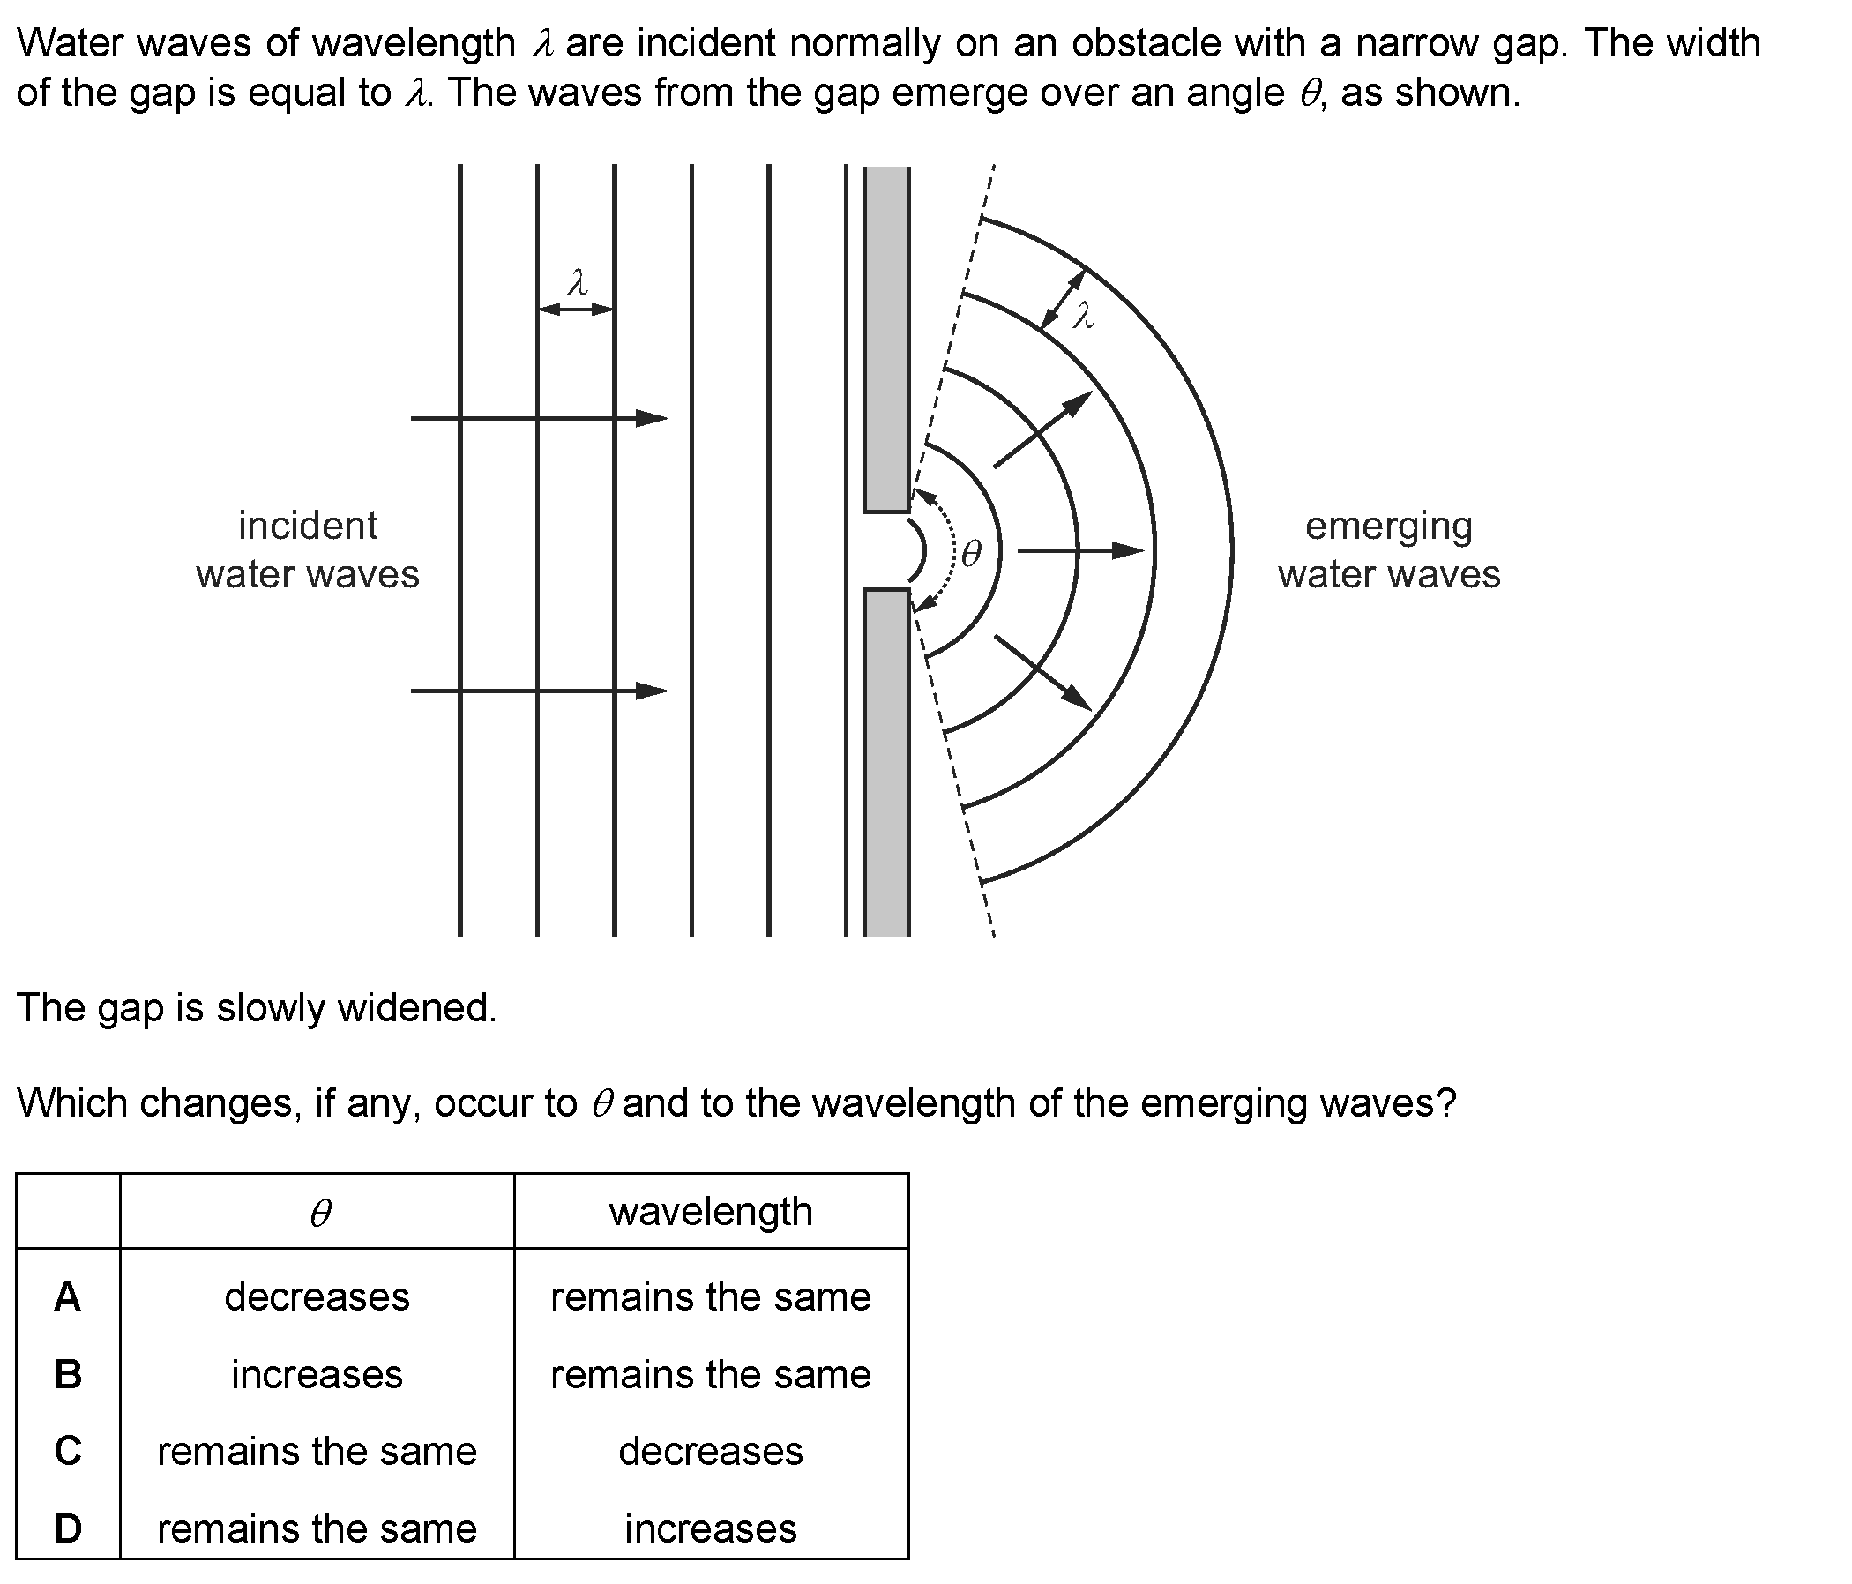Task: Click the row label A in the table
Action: pos(68,1296)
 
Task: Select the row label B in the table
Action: pos(68,1374)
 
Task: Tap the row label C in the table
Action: pos(68,1451)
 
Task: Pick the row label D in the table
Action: pos(68,1528)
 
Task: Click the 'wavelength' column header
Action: pos(711,1212)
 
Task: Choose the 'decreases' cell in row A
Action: pos(317,1296)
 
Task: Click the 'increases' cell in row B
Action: pos(317,1374)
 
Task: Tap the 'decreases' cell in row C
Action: pos(711,1451)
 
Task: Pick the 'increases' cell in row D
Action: pos(711,1528)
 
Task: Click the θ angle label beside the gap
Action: pos(971,553)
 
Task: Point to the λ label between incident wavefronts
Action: pos(578,283)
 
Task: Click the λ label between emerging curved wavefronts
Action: pos(1083,315)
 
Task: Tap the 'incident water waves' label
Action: pos(308,549)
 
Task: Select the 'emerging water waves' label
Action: pos(1389,549)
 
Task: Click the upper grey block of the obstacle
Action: pos(886,339)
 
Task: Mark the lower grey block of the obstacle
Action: pos(886,763)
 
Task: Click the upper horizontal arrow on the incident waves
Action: pos(539,418)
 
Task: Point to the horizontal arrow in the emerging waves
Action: pos(1081,550)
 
